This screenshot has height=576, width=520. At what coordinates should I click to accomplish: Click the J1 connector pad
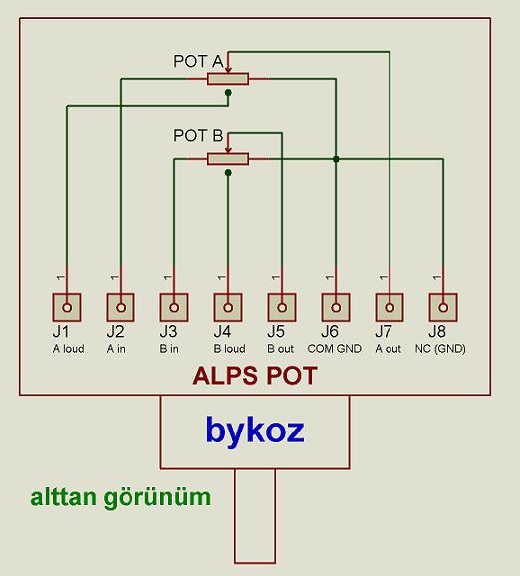pos(67,306)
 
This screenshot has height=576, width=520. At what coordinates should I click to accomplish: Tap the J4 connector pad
pos(228,306)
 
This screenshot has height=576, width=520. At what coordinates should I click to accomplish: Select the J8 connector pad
pos(442,306)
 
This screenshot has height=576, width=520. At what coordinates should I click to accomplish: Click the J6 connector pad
pos(336,306)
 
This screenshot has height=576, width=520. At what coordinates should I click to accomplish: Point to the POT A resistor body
pos(228,78)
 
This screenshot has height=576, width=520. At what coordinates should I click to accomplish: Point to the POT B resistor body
pos(228,158)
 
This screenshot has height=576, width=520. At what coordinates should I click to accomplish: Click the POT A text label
pos(197,61)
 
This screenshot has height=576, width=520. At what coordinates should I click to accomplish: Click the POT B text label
pos(197,135)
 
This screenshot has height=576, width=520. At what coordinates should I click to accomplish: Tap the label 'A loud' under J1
pos(68,349)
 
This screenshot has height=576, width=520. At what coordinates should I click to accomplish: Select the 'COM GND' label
pos(336,349)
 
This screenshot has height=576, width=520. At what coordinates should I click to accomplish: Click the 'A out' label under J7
pos(389,349)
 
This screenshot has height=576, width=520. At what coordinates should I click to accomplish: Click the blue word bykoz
pos(254,430)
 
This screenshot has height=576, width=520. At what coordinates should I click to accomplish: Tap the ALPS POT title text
pos(254,377)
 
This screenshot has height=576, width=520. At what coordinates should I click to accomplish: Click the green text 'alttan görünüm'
pos(121,496)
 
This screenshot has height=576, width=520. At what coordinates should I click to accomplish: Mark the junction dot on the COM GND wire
pos(336,158)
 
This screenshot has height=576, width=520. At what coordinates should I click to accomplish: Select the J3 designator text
pos(168,331)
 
